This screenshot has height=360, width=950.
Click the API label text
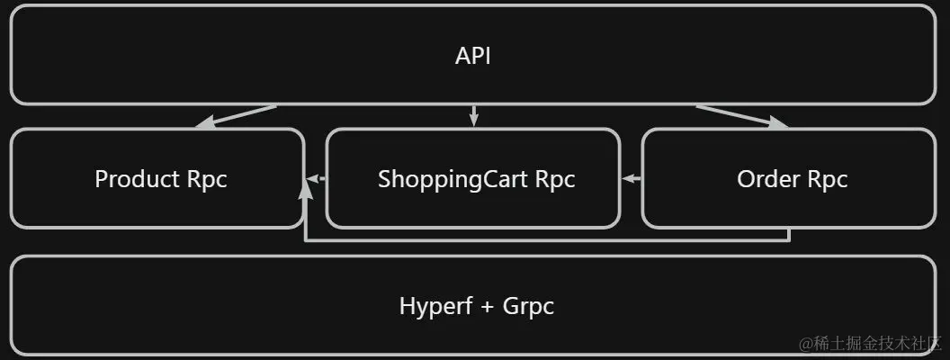[x=473, y=56]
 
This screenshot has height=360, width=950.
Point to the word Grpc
[x=528, y=306]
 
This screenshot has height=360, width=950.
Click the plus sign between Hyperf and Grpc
[x=488, y=307]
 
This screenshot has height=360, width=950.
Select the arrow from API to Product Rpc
[x=236, y=117]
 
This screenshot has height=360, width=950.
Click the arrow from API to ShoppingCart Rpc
[x=473, y=116]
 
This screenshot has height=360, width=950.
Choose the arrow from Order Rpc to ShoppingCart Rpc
[x=631, y=178]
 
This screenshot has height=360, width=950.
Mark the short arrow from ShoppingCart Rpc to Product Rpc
[x=315, y=178]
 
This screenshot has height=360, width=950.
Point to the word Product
[x=137, y=179]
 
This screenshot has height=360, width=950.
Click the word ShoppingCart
[x=453, y=179]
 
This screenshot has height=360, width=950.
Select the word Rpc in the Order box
[x=828, y=179]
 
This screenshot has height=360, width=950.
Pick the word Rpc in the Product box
[x=207, y=179]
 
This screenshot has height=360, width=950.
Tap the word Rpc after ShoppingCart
[x=555, y=179]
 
